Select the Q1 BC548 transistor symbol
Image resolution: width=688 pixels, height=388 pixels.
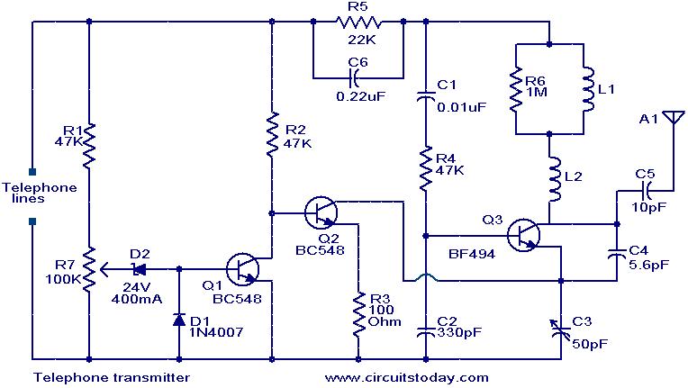[243, 268]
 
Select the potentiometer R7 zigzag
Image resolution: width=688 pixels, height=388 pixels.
[89, 267]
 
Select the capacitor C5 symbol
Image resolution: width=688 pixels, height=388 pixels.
[646, 190]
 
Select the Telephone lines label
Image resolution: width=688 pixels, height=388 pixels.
[29, 193]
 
